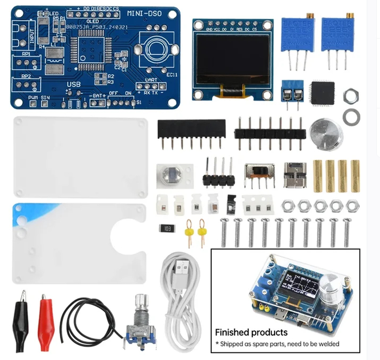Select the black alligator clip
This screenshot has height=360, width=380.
[x=21, y=313]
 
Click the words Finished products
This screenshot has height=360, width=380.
[x=251, y=332]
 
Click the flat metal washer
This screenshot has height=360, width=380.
[x=352, y=115]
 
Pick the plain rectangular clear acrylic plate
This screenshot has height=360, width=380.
[x=80, y=157]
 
